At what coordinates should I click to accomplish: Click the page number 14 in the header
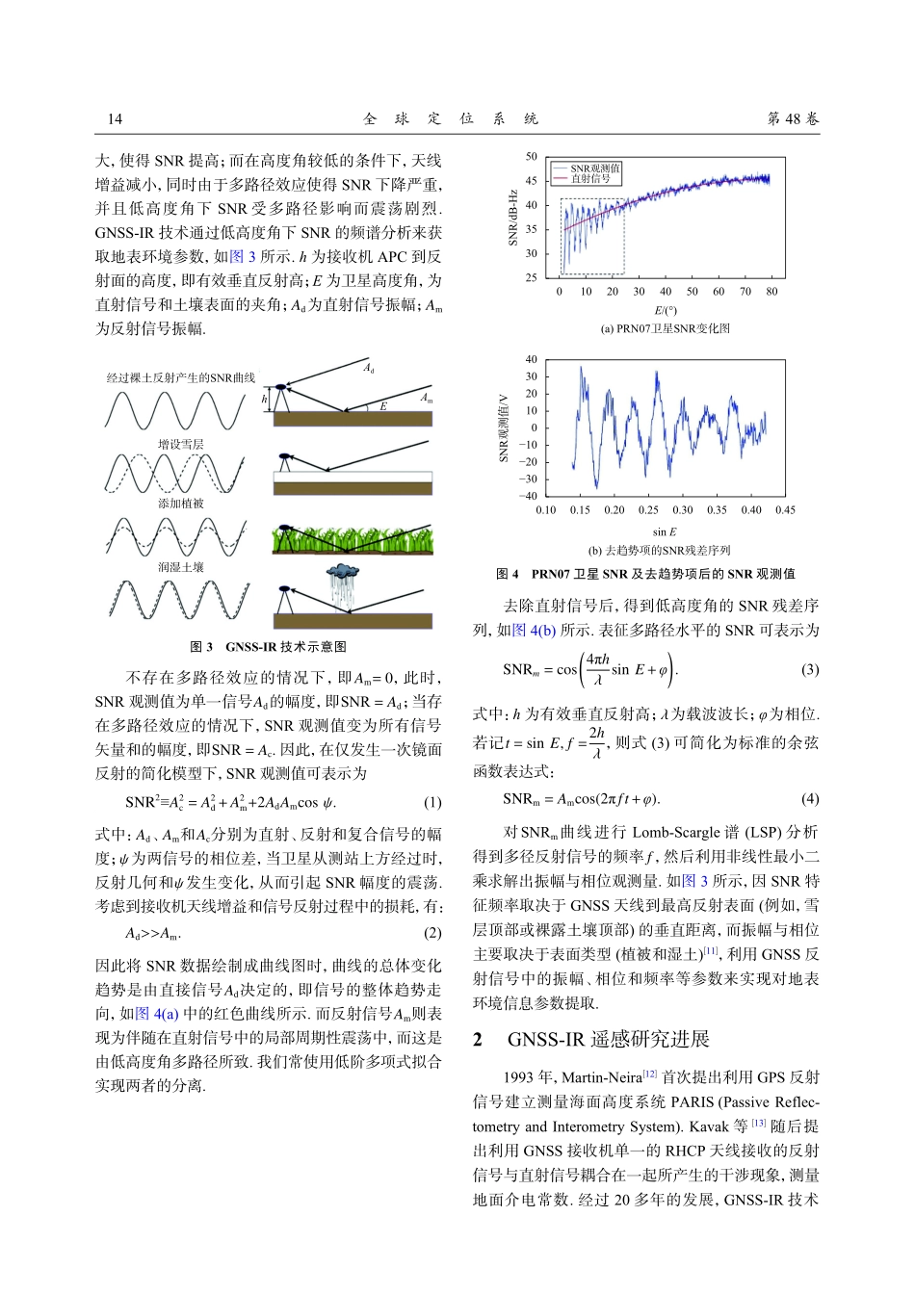point(115,118)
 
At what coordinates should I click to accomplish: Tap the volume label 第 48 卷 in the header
point(793,118)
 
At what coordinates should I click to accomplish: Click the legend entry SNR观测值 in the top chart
point(594,168)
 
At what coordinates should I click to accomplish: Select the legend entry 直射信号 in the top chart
point(589,178)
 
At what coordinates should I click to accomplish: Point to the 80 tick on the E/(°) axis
point(771,291)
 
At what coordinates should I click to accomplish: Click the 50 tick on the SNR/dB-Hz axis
point(532,156)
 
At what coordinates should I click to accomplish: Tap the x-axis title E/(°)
point(666,310)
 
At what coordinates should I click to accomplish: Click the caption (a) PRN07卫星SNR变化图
point(666,328)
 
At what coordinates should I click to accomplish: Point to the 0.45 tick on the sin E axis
point(785,510)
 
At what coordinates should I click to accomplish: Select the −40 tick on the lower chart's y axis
point(529,496)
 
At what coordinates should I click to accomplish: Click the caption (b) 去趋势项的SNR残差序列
point(660,551)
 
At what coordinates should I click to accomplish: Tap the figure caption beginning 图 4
point(645,574)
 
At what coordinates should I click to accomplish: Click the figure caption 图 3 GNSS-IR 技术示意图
point(268,646)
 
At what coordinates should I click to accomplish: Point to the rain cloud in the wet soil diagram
point(342,576)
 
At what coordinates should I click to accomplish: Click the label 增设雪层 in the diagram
point(181,444)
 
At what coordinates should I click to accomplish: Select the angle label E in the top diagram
point(382,406)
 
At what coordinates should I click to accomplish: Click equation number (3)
point(810,669)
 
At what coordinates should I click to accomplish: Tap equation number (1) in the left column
point(432,802)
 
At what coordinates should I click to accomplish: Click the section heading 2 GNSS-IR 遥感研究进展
point(590,1039)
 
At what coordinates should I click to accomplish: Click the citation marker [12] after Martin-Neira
point(650,1074)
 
